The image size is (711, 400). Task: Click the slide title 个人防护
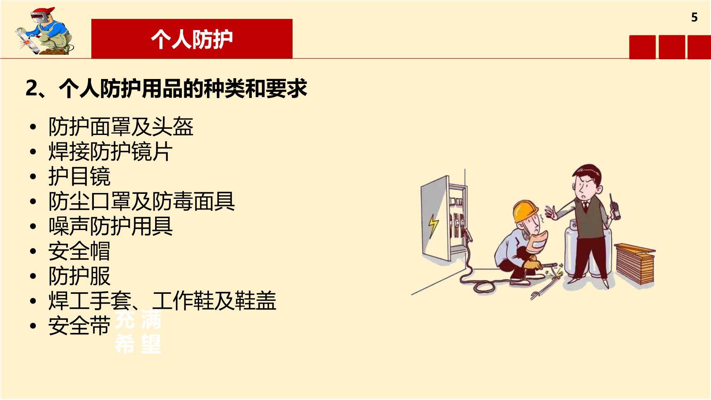click(x=192, y=40)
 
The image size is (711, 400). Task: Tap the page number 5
click(x=694, y=17)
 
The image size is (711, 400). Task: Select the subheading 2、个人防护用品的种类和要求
click(x=166, y=88)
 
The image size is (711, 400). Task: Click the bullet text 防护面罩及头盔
click(x=121, y=126)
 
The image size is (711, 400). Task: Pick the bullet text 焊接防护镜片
click(x=110, y=151)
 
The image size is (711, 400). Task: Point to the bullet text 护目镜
click(x=79, y=177)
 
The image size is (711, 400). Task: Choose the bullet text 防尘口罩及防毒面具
click(x=142, y=201)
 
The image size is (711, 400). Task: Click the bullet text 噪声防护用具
click(x=110, y=226)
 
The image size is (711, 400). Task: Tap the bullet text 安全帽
click(x=79, y=251)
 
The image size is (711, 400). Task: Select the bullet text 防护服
click(x=79, y=276)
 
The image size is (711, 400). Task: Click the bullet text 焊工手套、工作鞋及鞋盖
click(x=162, y=301)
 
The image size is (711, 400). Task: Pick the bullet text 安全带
click(x=79, y=326)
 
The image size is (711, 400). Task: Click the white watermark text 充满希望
click(x=138, y=332)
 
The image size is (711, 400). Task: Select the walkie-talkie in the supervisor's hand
click(x=615, y=207)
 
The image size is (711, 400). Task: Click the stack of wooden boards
click(x=634, y=263)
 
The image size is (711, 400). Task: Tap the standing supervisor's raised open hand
click(x=551, y=212)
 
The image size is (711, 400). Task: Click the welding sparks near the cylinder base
click(x=559, y=272)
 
